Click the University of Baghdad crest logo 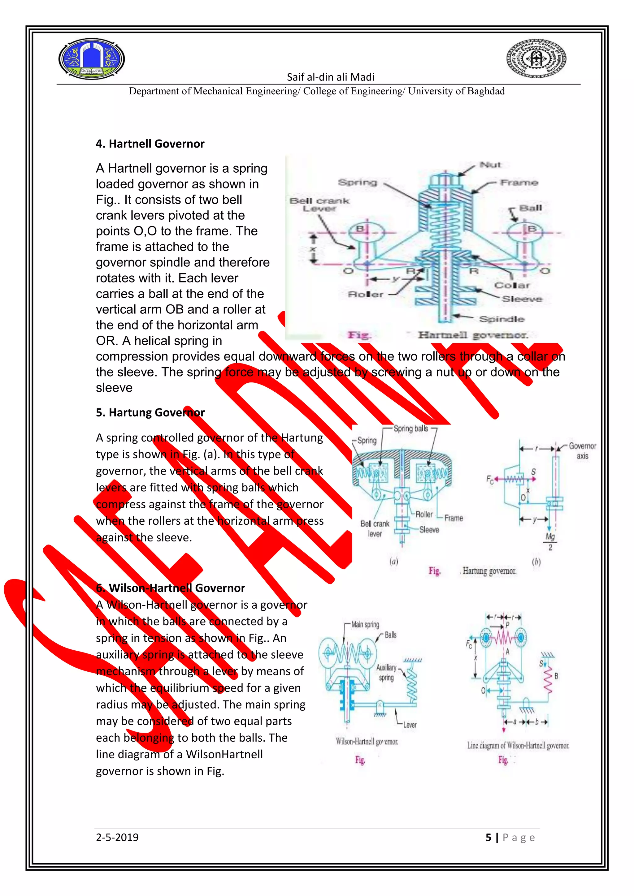point(91,59)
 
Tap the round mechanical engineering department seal point(536,59)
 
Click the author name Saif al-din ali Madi point(330,77)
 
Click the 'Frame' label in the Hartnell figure point(519,183)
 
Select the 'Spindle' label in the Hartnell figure point(501,319)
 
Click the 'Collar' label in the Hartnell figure point(512,285)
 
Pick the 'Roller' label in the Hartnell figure point(365,294)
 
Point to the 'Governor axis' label point(582,451)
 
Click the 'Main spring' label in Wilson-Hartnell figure point(365,624)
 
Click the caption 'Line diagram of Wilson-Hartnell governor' point(518,746)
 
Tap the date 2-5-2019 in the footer point(117,838)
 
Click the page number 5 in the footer point(489,838)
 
